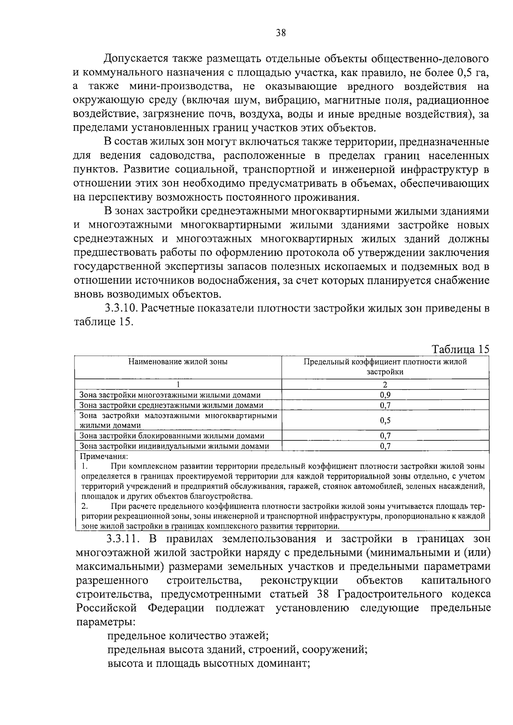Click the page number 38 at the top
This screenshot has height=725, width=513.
(x=280, y=33)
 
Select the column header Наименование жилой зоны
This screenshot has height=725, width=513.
(x=178, y=362)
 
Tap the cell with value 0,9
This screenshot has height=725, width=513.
(x=385, y=395)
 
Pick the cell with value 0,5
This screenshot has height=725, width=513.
(x=385, y=420)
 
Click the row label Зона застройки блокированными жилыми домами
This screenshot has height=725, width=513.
(x=172, y=436)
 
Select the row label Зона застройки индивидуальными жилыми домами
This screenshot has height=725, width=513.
(x=174, y=446)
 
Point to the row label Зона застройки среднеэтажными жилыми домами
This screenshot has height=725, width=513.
(x=171, y=405)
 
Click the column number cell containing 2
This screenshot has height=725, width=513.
(x=385, y=385)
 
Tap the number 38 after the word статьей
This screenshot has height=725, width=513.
(x=323, y=594)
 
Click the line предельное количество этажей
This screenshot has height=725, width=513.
(x=188, y=636)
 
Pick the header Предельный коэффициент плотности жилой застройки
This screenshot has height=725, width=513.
(x=385, y=367)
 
